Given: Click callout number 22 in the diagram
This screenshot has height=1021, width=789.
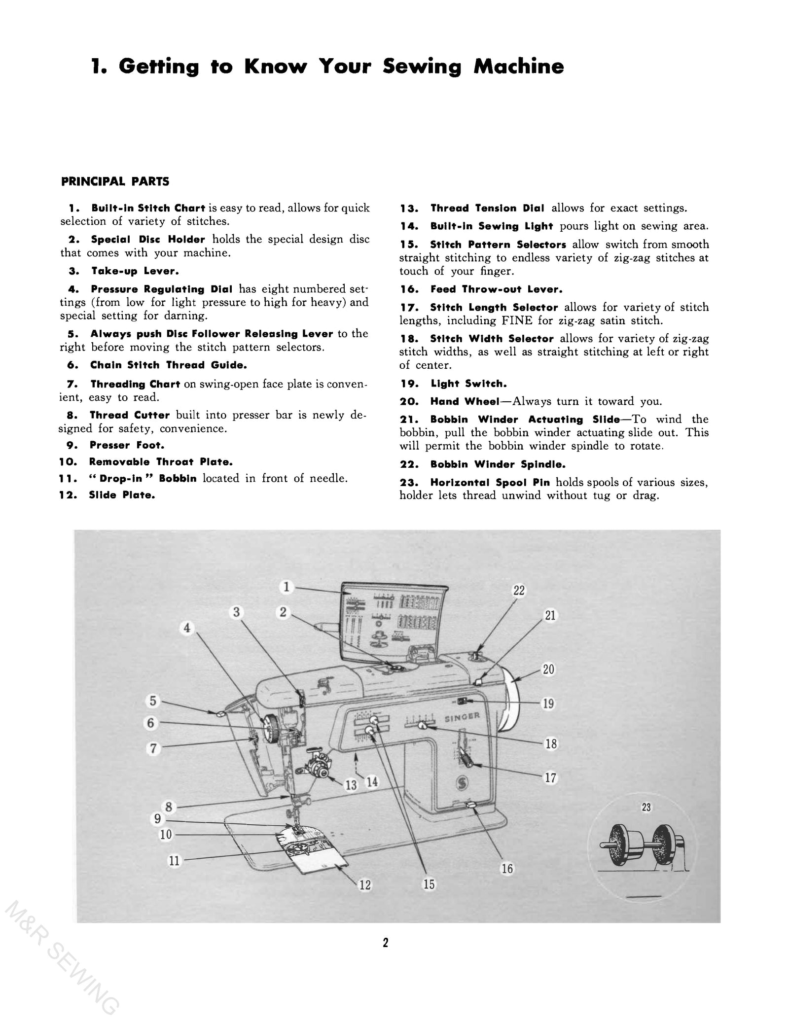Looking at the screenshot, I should pos(519,591).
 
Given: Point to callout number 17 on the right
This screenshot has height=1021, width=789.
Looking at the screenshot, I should pos(551,778).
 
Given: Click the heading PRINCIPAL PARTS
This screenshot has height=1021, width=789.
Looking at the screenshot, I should pos(115,181).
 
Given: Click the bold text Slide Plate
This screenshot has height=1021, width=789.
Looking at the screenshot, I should pos(122,495).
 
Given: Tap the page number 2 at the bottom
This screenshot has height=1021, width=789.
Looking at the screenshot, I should pos(386,943).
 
